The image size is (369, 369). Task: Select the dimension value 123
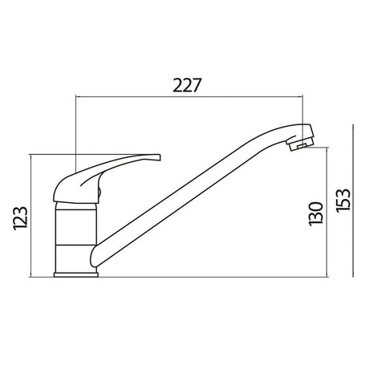pos(19,217)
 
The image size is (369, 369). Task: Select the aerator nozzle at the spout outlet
pos(298,145)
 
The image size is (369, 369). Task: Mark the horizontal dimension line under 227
pos(189,96)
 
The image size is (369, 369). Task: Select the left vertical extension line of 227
pos(74,128)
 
